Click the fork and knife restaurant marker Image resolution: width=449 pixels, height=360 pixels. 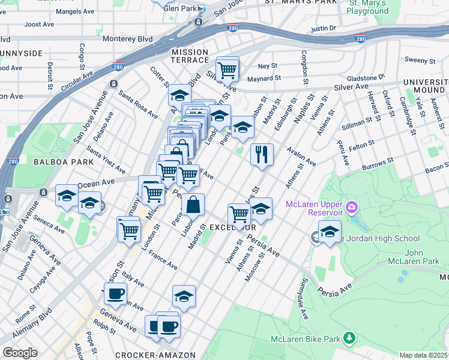[262, 154]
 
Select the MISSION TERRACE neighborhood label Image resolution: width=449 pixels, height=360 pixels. [190, 56]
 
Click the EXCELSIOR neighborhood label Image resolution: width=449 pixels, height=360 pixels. [233, 228]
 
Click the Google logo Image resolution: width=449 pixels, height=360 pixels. [19, 353]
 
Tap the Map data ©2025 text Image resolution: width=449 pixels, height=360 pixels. [423, 355]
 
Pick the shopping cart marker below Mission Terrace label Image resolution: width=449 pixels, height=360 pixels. [228, 70]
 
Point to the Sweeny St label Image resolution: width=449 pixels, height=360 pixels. [420, 61]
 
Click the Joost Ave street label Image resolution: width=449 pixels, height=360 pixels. [40, 25]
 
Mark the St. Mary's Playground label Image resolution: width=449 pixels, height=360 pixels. [368, 7]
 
